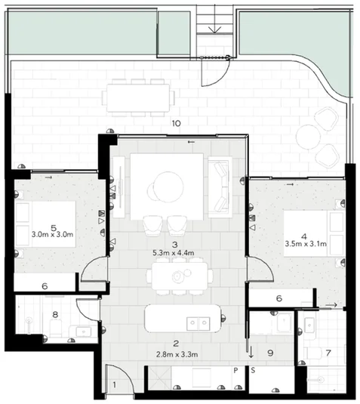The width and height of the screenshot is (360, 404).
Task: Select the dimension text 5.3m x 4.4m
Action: pyautogui.click(x=175, y=254)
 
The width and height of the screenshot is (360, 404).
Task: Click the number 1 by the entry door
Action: pyautogui.click(x=115, y=386)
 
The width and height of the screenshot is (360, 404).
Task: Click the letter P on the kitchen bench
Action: pyautogui.click(x=235, y=371)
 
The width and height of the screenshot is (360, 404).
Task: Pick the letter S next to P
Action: pyautogui.click(x=252, y=371)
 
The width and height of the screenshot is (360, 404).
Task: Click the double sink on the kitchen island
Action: pyautogui.click(x=198, y=322)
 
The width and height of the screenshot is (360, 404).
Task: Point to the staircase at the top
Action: pyautogui.click(x=215, y=29)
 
